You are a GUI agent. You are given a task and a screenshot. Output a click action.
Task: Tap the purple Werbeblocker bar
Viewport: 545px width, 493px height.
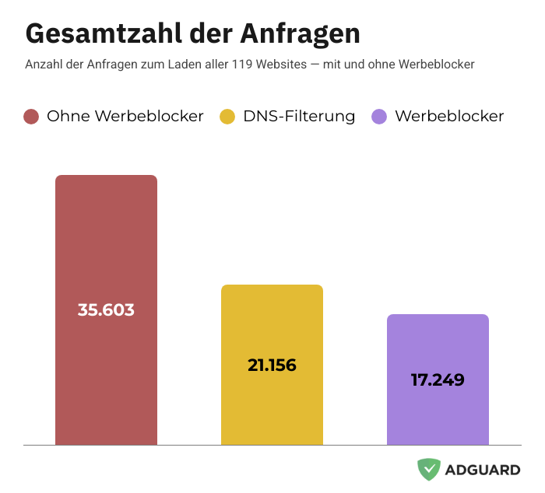438,412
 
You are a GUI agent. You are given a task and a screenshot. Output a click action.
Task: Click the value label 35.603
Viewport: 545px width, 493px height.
106,309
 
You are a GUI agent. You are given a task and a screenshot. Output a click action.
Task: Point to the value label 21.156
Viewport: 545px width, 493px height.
272,364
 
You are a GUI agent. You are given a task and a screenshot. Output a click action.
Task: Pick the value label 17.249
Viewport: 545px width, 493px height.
438,380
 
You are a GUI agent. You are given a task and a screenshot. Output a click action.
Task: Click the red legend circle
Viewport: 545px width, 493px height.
31,117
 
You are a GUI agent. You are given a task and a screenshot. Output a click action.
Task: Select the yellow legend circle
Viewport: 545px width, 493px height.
227,117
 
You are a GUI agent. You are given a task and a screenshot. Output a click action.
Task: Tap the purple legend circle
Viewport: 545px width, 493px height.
379,117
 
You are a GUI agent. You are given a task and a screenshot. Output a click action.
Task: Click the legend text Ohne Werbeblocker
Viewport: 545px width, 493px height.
125,116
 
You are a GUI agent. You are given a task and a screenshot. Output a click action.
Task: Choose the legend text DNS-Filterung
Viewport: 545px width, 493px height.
299,116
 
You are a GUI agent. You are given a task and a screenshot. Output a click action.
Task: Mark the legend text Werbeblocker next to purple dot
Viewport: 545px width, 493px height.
449,116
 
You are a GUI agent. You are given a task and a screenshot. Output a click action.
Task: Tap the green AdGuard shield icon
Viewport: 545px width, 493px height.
428,469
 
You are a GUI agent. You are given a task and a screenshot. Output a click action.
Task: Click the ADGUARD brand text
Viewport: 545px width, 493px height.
483,470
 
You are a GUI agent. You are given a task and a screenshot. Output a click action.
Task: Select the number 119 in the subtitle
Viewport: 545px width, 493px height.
243,64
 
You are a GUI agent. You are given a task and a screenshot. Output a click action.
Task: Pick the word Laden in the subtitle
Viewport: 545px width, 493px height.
185,64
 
